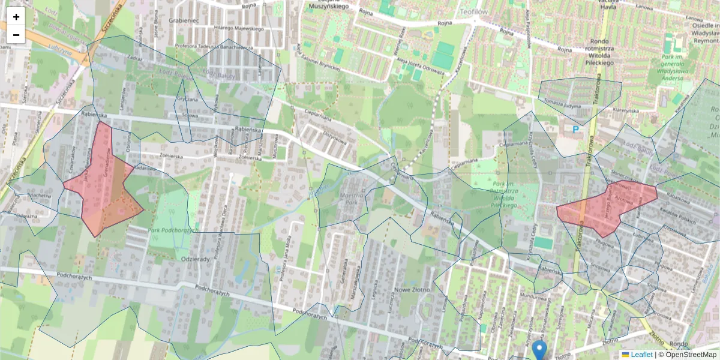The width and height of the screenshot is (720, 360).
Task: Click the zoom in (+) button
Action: point(16,17)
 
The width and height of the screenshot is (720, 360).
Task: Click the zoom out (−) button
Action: point(16,35)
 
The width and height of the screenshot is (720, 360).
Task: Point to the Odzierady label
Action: point(194,259)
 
